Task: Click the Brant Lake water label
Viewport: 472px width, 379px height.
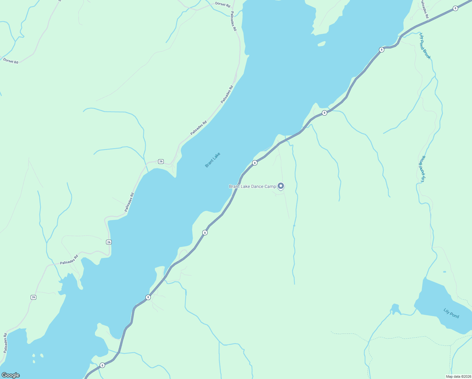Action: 212,160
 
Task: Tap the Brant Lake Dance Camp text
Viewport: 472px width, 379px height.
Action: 252,186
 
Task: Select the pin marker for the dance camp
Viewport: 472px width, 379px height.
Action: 280,186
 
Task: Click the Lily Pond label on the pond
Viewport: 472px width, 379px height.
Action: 451,313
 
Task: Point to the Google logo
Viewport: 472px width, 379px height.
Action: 10,375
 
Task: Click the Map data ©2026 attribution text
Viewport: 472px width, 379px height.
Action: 458,376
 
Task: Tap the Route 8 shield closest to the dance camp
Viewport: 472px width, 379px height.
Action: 255,163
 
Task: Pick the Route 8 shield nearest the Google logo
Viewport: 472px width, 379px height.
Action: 102,365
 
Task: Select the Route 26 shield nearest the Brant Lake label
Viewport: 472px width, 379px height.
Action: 161,161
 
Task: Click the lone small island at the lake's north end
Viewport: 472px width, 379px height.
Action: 321,44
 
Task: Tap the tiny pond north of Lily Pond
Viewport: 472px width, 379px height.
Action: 445,272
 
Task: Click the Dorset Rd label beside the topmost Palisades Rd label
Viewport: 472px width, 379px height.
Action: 223,4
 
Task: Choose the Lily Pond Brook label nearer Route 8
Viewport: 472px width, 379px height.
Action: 425,46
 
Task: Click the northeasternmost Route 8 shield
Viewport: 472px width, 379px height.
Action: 455,9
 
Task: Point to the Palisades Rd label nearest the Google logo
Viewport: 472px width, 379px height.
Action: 5,343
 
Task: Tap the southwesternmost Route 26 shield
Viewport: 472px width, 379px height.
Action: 33,297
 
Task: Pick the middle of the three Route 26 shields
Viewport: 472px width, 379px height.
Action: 109,242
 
